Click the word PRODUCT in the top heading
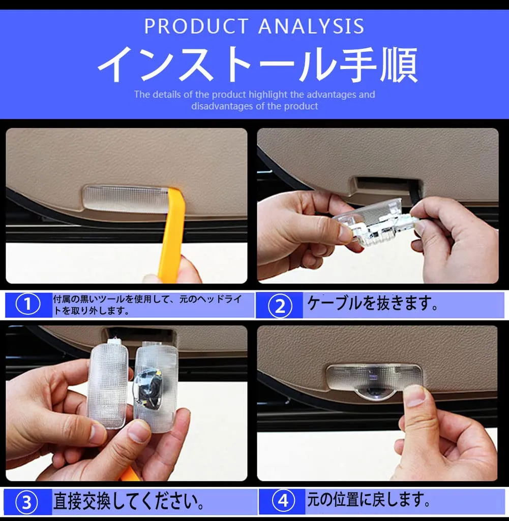tap(197, 26)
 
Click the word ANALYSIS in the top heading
tap(311, 26)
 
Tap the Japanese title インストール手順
tap(257, 64)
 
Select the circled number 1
tap(28, 304)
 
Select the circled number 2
tap(280, 306)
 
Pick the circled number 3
tap(26, 502)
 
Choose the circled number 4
tap(283, 500)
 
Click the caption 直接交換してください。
tap(129, 501)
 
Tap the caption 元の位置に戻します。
tap(369, 499)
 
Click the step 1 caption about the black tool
tap(147, 305)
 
